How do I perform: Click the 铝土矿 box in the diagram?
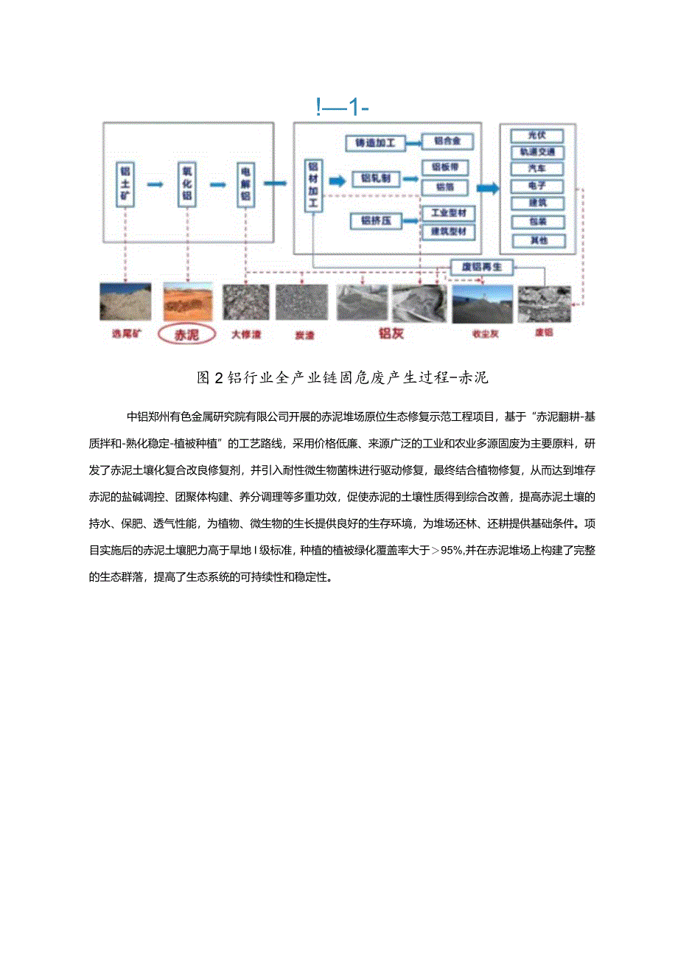(125, 184)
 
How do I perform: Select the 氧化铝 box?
(186, 184)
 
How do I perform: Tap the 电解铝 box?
(245, 184)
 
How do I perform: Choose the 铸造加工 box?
(375, 143)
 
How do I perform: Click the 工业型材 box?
(447, 214)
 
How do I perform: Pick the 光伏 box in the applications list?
(536, 136)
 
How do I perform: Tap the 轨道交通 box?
(536, 153)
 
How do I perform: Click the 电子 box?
(536, 186)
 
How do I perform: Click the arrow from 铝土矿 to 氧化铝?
(155, 184)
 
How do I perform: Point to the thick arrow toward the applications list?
(487, 188)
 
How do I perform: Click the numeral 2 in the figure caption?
(218, 378)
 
